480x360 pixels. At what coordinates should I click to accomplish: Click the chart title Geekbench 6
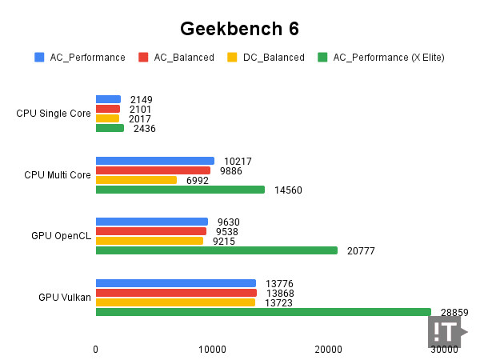pyautogui.click(x=239, y=29)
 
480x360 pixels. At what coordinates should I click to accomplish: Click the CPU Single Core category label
pyautogui.click(x=54, y=114)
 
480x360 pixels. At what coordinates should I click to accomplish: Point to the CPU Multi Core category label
pyautogui.click(x=57, y=174)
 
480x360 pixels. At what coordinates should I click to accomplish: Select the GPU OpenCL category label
pyautogui.click(x=61, y=236)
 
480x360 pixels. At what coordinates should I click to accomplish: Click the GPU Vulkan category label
pyautogui.click(x=64, y=298)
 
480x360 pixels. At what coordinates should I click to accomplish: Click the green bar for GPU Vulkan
pyautogui.click(x=263, y=312)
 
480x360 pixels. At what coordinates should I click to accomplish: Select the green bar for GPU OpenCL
pyautogui.click(x=216, y=250)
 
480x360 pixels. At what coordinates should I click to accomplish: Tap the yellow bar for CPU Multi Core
pyautogui.click(x=136, y=180)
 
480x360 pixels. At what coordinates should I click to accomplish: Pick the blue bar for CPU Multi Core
pyautogui.click(x=155, y=161)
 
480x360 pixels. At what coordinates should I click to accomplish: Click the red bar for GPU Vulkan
pyautogui.click(x=176, y=293)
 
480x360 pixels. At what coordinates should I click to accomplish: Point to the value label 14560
pyautogui.click(x=288, y=190)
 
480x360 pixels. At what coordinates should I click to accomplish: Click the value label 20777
pyautogui.click(x=361, y=251)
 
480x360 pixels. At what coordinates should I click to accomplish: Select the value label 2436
pyautogui.click(x=144, y=129)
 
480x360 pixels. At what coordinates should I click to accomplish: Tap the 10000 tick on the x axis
pyautogui.click(x=212, y=350)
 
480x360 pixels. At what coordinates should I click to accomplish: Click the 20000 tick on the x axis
pyautogui.click(x=328, y=350)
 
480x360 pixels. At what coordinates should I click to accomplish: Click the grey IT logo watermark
pyautogui.click(x=446, y=331)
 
